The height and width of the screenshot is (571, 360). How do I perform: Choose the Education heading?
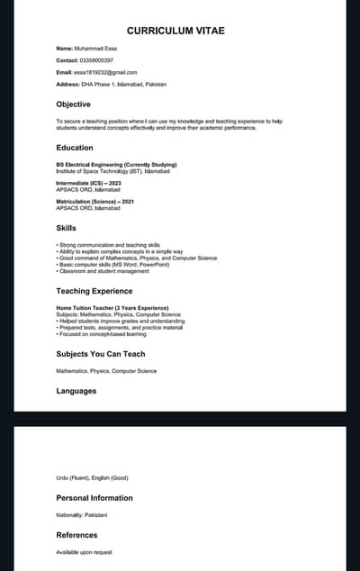[75, 148]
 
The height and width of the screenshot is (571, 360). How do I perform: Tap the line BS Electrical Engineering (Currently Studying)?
[116, 165]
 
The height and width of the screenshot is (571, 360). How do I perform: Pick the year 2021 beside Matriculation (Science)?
[131, 201]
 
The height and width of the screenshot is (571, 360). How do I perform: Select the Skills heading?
[67, 228]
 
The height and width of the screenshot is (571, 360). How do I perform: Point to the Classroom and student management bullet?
[103, 271]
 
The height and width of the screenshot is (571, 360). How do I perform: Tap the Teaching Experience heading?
[94, 291]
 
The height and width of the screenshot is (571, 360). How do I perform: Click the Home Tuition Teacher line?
[112, 308]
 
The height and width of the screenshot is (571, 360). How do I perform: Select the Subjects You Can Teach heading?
[100, 354]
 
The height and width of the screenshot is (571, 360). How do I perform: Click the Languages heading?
[76, 391]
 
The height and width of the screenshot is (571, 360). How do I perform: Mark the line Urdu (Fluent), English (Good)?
[92, 477]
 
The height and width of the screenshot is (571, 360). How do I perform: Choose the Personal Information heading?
[94, 497]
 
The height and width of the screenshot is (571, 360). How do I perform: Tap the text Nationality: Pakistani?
[82, 514]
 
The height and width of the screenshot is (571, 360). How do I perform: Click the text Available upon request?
[85, 552]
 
